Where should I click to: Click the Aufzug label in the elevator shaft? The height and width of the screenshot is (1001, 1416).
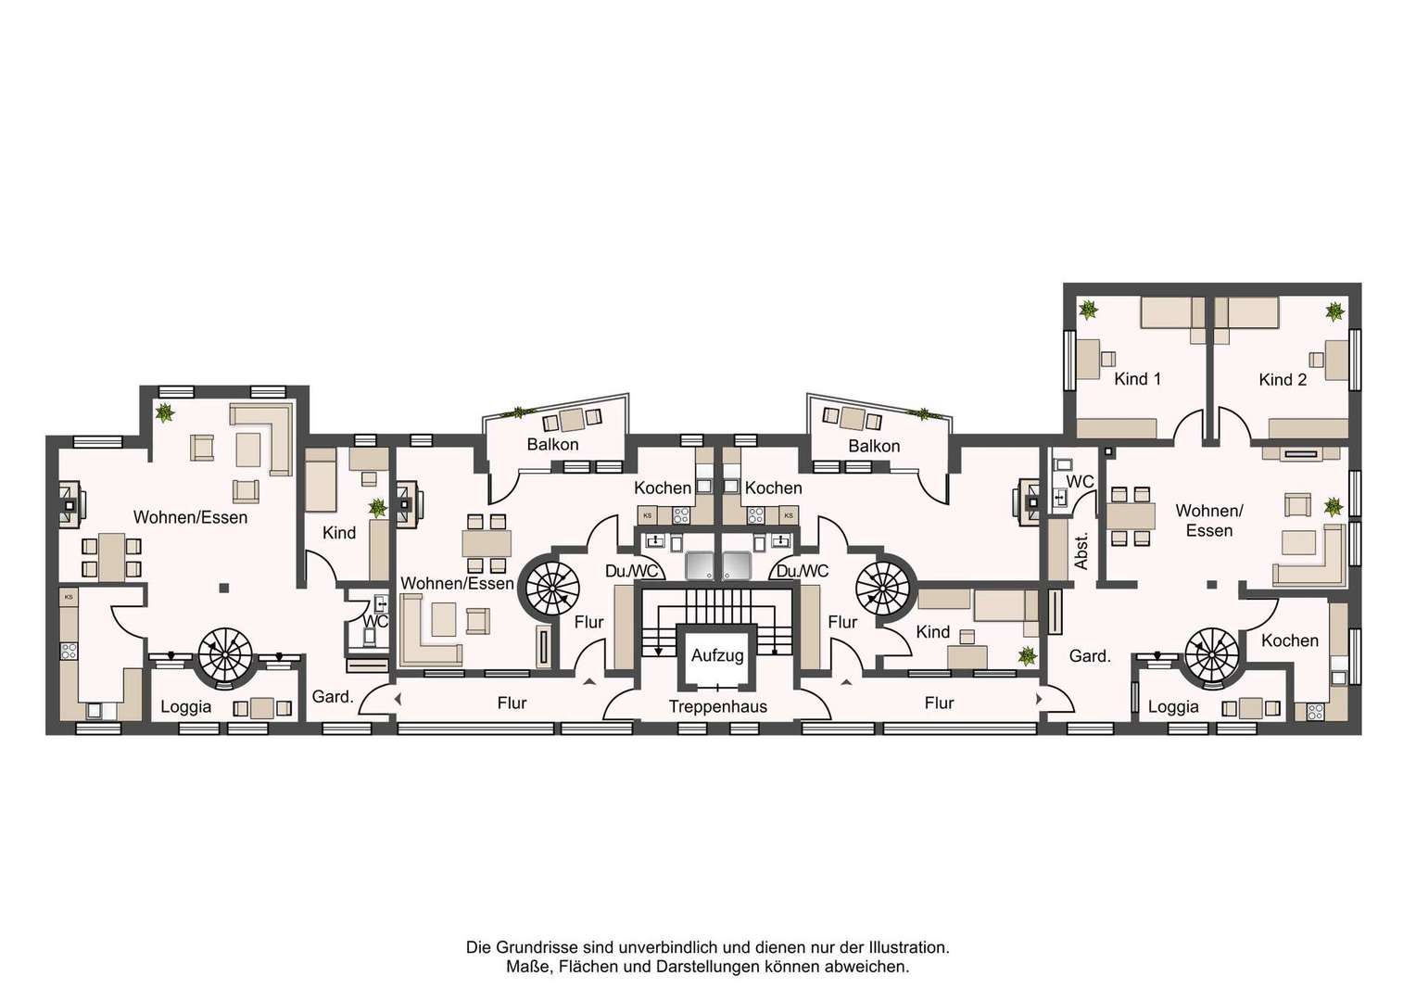[717, 655]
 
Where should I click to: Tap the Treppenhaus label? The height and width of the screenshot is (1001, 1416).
[718, 706]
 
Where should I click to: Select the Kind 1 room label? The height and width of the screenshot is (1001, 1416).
[1137, 379]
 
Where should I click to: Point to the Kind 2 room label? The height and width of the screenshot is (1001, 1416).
[1283, 379]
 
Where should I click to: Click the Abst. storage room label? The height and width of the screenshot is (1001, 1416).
[1081, 551]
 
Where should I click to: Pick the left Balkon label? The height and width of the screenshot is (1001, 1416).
[552, 445]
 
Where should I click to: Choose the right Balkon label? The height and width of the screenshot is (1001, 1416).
[874, 447]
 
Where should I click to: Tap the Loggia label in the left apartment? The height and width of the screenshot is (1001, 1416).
[186, 706]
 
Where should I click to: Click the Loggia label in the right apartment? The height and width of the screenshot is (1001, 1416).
[1173, 706]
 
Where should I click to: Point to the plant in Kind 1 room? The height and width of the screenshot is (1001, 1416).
[1089, 310]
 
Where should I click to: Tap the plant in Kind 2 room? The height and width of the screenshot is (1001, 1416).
[1334, 311]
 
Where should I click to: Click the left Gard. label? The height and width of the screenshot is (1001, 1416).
[333, 697]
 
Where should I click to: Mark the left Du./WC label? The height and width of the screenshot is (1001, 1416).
[632, 572]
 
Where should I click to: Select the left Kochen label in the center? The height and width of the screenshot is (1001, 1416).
[663, 488]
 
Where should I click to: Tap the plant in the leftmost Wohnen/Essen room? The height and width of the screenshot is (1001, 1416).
[165, 413]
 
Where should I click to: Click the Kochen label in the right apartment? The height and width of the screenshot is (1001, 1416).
[1290, 640]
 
